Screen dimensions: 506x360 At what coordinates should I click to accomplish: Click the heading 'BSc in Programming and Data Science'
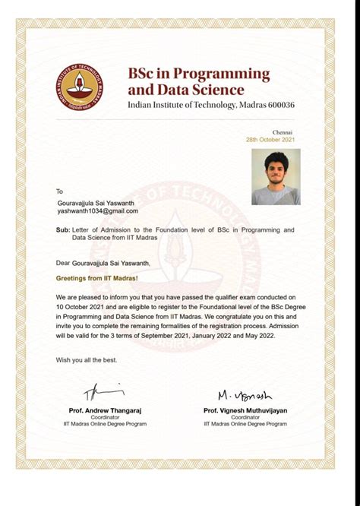point(198,81)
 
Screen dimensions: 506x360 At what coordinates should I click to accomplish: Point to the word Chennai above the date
point(282,133)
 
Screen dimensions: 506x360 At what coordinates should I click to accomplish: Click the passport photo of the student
point(276,177)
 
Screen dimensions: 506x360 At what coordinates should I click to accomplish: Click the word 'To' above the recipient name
point(60,191)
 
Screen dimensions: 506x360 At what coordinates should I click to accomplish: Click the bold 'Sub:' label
point(64,229)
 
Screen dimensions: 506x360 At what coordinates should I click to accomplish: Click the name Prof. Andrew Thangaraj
point(105,410)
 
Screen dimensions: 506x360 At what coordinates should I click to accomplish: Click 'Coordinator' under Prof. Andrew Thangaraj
point(105,417)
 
